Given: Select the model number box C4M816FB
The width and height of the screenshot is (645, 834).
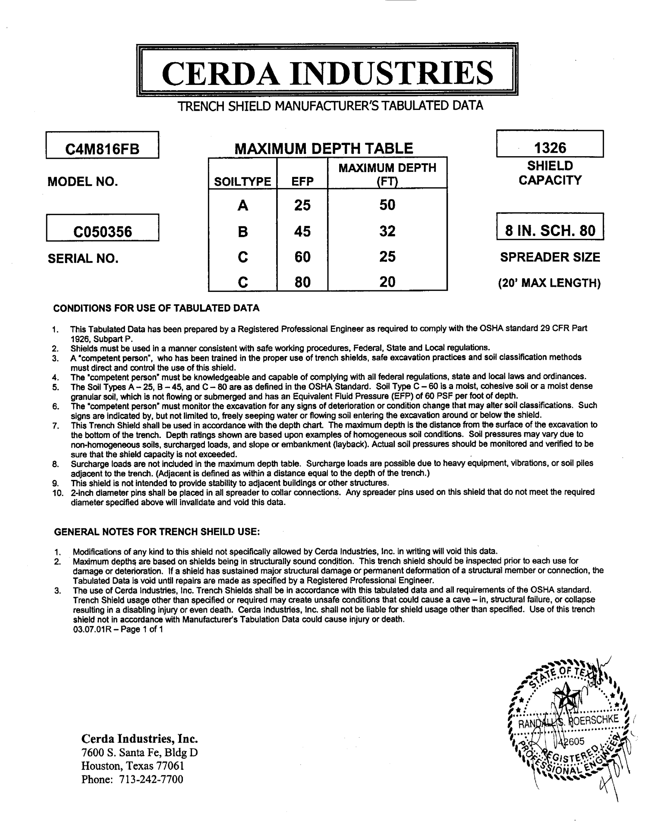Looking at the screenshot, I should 102,149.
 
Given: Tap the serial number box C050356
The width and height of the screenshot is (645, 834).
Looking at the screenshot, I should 102,231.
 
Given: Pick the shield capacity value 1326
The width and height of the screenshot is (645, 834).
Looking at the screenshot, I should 550,148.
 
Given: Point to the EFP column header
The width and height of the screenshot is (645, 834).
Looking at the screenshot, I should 302,181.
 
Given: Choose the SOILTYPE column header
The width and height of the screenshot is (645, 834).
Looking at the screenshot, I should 242,181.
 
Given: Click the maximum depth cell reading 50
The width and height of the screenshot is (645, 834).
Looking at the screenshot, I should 387,205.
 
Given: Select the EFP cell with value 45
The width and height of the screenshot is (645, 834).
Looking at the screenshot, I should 302,231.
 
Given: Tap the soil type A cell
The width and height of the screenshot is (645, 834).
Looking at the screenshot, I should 243,205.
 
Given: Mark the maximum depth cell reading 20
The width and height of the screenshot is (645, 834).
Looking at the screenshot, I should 387,282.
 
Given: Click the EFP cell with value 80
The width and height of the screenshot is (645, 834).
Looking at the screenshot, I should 302,282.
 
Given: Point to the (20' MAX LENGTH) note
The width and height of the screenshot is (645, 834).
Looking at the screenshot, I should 549,283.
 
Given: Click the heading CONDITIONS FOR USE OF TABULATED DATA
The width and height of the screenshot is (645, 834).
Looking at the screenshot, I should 156,308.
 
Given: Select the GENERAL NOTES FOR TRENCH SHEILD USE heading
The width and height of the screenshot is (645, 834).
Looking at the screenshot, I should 157,532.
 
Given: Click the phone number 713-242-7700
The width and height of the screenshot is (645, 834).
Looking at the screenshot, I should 151,779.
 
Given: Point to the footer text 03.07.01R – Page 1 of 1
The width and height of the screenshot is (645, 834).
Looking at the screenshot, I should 118,629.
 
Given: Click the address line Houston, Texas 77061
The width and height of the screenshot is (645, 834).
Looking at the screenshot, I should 132,766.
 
